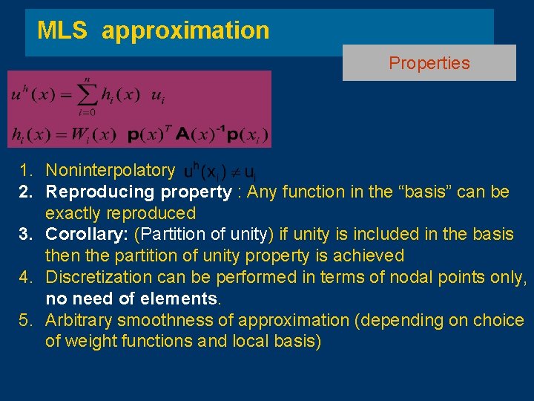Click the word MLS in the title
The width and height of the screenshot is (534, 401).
(x=62, y=30)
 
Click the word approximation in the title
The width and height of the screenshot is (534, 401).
(x=185, y=31)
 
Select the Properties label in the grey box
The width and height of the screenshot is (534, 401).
(x=429, y=63)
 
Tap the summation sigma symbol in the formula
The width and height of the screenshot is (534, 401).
(x=87, y=95)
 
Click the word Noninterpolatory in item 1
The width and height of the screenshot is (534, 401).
(x=110, y=171)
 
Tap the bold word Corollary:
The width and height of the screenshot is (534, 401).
(x=88, y=235)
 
